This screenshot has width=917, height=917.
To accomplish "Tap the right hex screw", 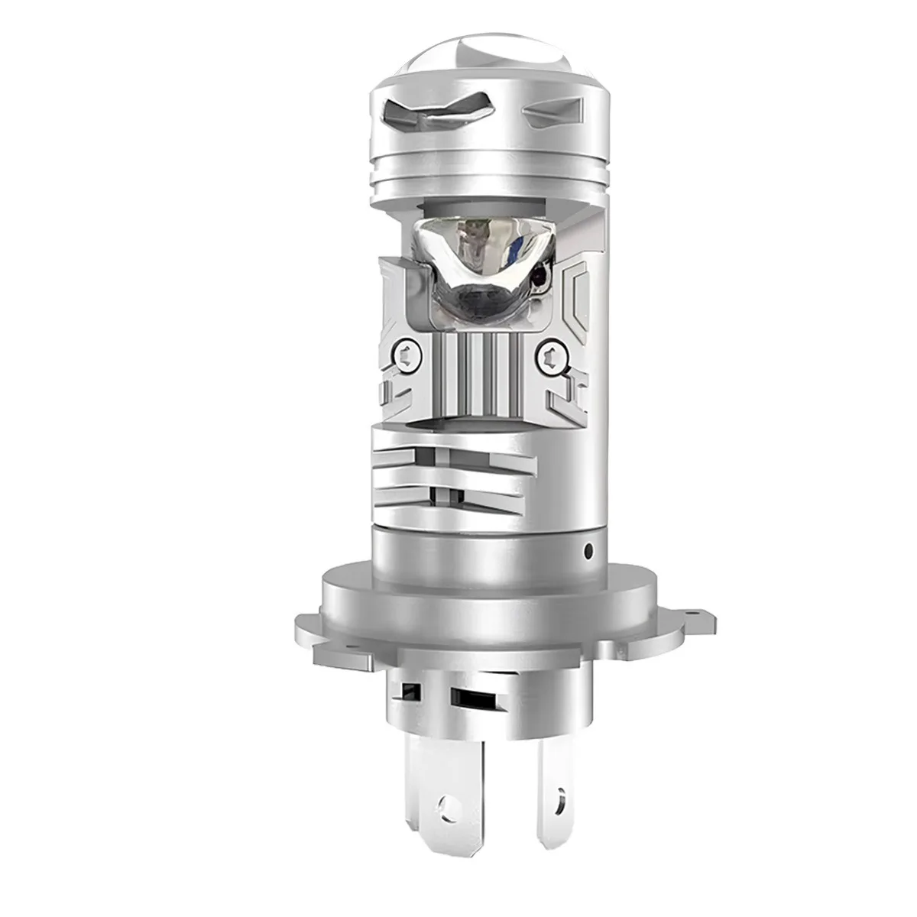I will [x=552, y=354].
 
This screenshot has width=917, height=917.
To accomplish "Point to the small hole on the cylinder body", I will [x=588, y=549].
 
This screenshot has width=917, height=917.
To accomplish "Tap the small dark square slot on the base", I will [x=410, y=690].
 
